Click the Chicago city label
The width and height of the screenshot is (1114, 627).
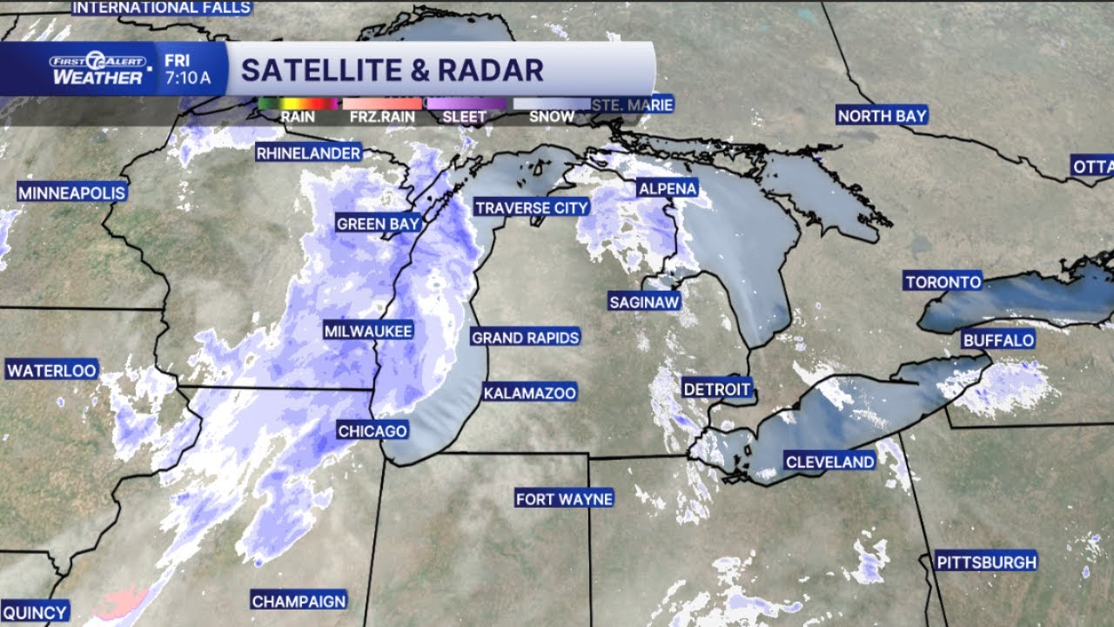click(372, 431)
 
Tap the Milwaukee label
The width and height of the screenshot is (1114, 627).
click(368, 331)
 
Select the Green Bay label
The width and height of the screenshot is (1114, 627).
click(379, 224)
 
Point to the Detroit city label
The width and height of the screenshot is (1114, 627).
click(716, 388)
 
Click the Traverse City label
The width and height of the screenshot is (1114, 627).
click(532, 207)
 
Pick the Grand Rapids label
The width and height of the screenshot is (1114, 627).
click(525, 337)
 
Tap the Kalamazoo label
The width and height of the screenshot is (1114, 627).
click(530, 393)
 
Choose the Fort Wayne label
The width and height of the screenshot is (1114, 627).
click(564, 499)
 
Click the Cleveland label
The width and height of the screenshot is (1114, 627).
click(829, 462)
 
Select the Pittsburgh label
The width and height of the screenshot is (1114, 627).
click(986, 562)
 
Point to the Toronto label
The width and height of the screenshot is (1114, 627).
click(943, 281)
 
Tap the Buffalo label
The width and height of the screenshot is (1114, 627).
click(998, 340)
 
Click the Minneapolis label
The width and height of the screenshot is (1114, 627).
click(72, 192)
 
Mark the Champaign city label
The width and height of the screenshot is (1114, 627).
click(299, 600)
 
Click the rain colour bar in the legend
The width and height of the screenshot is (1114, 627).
click(297, 103)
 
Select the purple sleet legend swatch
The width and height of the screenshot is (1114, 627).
click(466, 103)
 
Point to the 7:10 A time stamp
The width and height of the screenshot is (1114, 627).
click(187, 78)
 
